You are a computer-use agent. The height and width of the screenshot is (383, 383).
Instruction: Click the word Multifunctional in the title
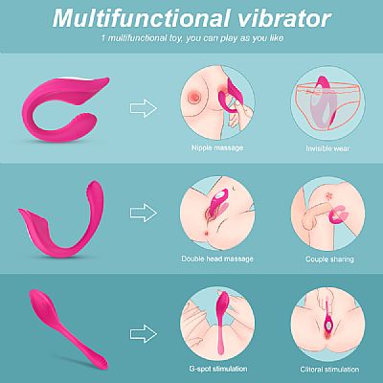tap(142, 18)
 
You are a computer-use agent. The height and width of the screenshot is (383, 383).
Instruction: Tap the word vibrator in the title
tap(284, 18)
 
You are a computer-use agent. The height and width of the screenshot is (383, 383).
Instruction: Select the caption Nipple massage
tap(217, 147)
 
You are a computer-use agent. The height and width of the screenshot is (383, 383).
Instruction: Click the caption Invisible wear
tap(327, 148)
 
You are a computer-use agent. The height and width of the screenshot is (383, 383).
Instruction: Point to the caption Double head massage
tap(217, 259)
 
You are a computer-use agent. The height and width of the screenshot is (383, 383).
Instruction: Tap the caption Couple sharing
tap(329, 259)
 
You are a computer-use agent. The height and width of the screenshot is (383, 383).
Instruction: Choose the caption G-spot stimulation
tap(218, 369)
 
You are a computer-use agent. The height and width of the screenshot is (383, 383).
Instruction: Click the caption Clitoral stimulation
tap(329, 370)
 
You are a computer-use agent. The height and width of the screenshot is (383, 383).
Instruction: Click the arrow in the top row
tap(144, 108)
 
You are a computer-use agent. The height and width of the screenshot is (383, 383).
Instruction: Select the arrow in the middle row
tap(144, 213)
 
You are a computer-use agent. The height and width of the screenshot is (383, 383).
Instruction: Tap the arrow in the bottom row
tap(144, 334)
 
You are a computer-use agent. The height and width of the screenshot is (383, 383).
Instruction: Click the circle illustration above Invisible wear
tap(328, 103)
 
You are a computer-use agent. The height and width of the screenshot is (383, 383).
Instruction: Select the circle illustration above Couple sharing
tap(328, 214)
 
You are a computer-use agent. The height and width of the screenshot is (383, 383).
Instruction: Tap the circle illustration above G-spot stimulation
tap(217, 324)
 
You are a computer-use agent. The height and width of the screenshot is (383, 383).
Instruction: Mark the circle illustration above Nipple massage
tap(217, 103)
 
